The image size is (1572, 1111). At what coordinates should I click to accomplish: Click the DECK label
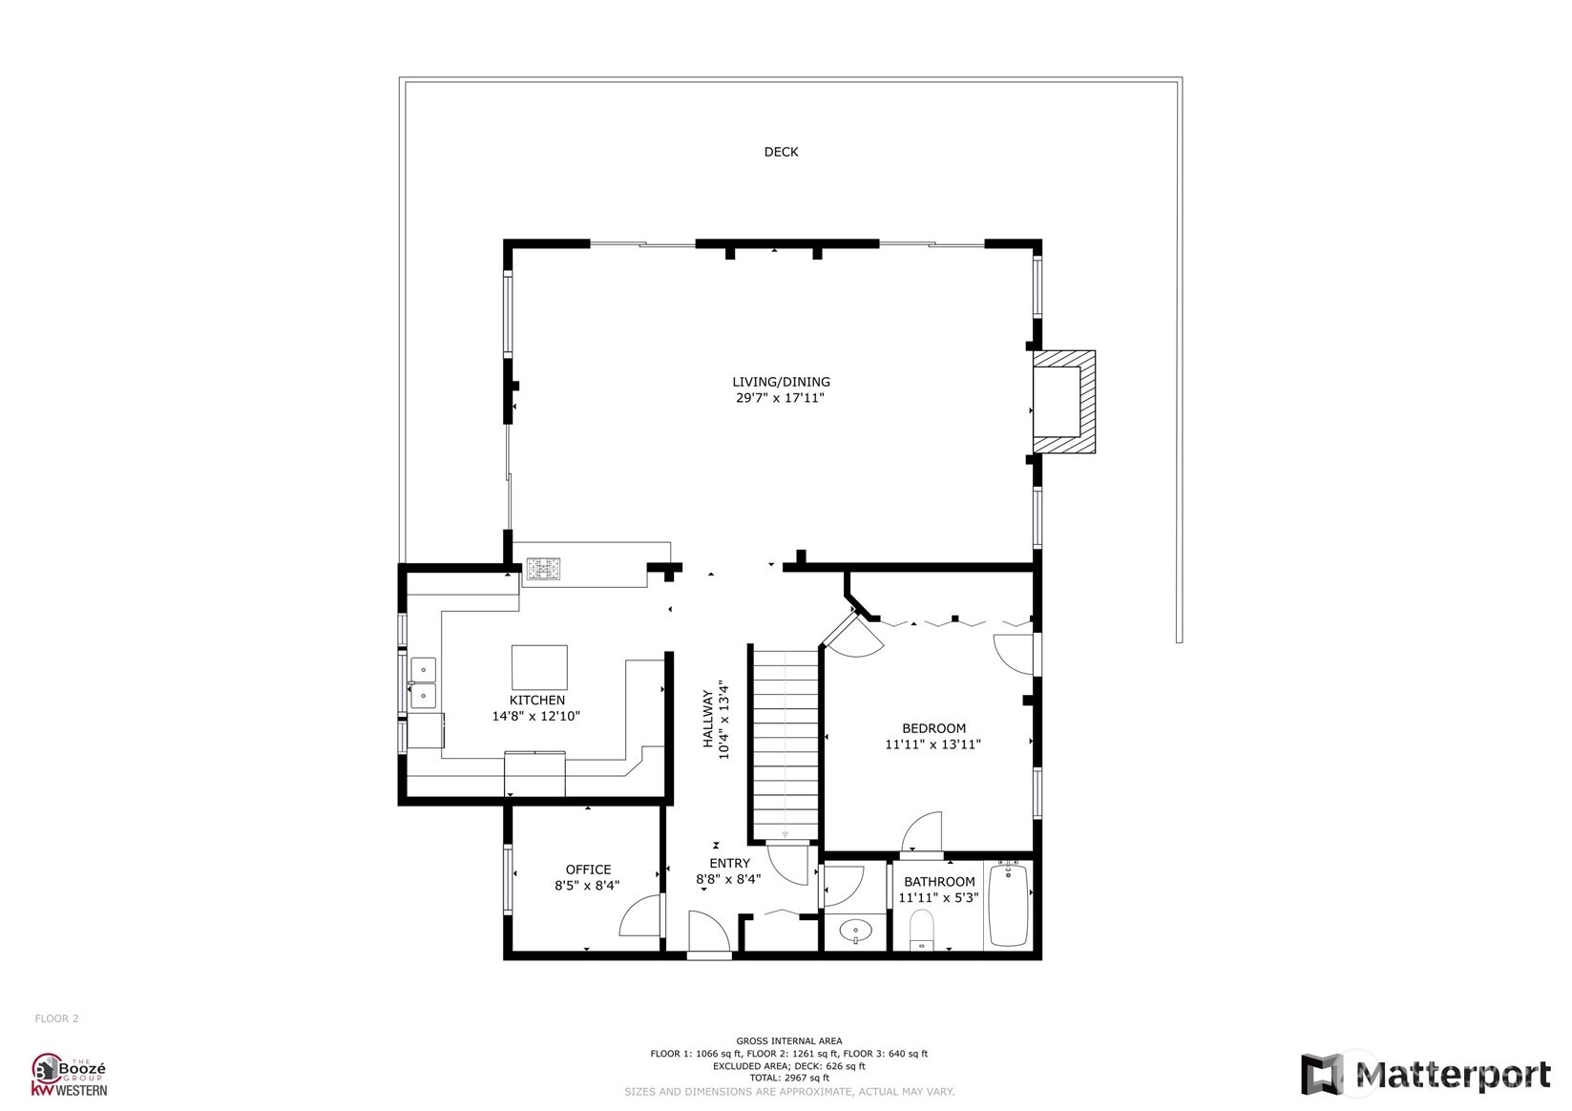tap(781, 152)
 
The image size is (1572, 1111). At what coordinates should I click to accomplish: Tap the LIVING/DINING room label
tap(781, 382)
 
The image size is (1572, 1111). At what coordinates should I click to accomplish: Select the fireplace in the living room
tap(1063, 402)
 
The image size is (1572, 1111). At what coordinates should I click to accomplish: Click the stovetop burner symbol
tap(544, 569)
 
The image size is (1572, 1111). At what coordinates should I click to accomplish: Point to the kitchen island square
tap(539, 667)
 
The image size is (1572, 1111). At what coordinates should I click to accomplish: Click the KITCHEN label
tap(536, 700)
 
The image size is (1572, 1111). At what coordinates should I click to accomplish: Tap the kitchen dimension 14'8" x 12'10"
tap(536, 716)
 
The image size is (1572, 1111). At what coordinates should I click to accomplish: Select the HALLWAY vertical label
tap(708, 719)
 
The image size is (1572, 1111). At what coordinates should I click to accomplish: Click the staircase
tap(785, 744)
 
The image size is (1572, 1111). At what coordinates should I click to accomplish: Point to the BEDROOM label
tap(933, 728)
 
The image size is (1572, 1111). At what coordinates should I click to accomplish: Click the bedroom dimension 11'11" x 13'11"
tap(933, 744)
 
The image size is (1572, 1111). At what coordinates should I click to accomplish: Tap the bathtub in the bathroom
tap(1009, 906)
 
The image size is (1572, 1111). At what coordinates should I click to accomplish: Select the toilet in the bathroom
tap(921, 930)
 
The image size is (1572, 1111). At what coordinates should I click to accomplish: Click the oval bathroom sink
tap(855, 932)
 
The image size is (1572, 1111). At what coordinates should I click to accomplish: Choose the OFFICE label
tap(588, 870)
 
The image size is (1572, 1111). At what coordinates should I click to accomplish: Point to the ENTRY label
tap(730, 863)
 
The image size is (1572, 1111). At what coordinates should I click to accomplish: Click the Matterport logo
tap(1425, 1075)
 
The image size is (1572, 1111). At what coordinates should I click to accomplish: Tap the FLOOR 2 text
tap(57, 1018)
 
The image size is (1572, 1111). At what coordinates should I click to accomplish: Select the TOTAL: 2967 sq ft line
tap(789, 1078)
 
